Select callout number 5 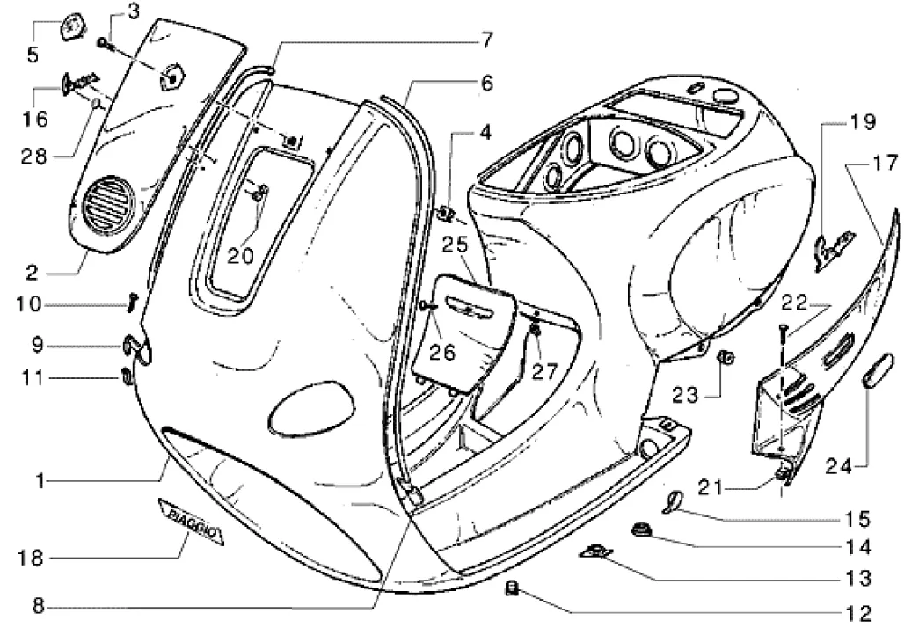33,55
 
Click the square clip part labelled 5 70,24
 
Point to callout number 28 33,157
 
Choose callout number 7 485,40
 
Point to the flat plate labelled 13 595,551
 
